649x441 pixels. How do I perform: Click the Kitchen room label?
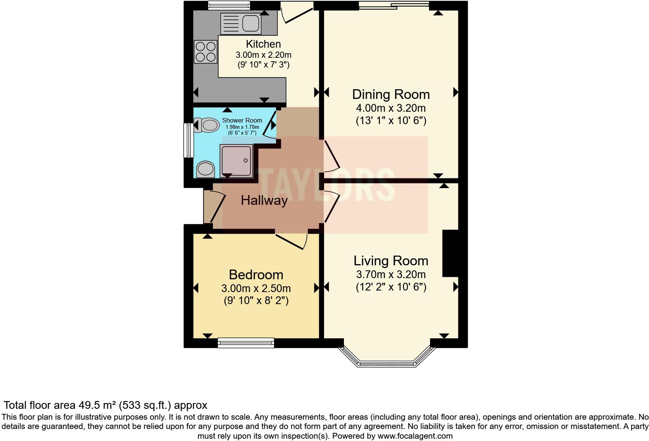click(263, 44)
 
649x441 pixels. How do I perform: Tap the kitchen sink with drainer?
click(240, 23)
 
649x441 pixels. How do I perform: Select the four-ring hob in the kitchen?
click(205, 52)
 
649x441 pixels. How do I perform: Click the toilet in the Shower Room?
click(206, 125)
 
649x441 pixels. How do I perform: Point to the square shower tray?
click(236, 161)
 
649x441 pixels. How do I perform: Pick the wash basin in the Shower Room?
click(205, 169)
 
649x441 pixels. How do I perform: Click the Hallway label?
click(264, 201)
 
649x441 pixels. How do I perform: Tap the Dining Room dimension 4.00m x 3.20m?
click(391, 108)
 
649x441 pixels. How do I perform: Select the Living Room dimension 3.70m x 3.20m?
click(391, 275)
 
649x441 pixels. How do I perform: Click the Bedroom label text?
click(256, 275)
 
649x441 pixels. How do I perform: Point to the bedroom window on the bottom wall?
click(246, 342)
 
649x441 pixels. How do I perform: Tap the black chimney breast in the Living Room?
click(450, 253)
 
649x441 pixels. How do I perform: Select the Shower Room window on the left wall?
click(189, 140)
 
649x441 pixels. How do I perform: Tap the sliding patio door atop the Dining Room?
click(394, 5)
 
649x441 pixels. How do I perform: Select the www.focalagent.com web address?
click(415, 436)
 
